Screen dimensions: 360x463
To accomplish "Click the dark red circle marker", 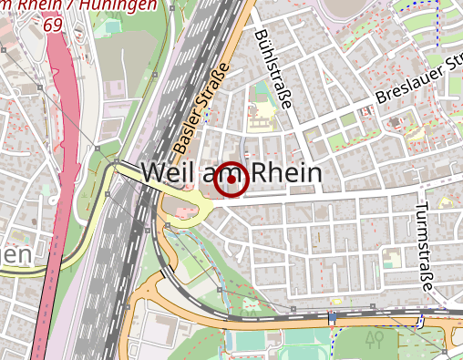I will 232,180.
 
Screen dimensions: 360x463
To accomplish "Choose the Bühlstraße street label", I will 273,67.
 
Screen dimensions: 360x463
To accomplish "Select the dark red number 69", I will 52,26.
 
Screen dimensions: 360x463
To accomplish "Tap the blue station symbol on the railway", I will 333,318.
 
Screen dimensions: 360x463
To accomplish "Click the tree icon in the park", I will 373,340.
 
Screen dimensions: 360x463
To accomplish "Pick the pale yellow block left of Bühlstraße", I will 262,115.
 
